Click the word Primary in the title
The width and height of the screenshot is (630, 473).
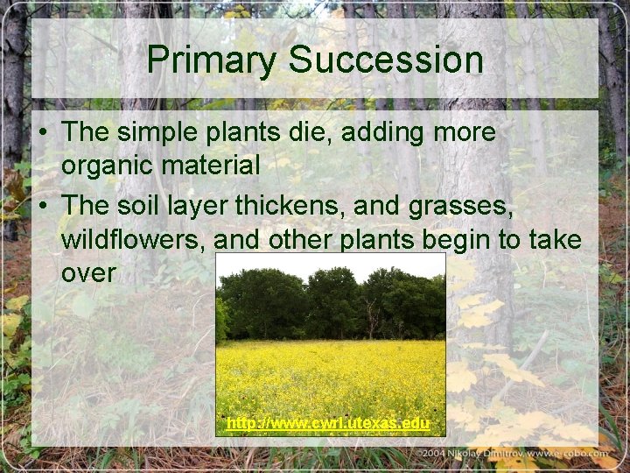[213, 60]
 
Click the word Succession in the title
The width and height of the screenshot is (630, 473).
[386, 60]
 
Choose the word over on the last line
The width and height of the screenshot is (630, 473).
[88, 273]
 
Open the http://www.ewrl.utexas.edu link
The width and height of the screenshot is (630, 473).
[328, 424]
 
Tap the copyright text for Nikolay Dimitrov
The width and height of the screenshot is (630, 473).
[516, 454]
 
